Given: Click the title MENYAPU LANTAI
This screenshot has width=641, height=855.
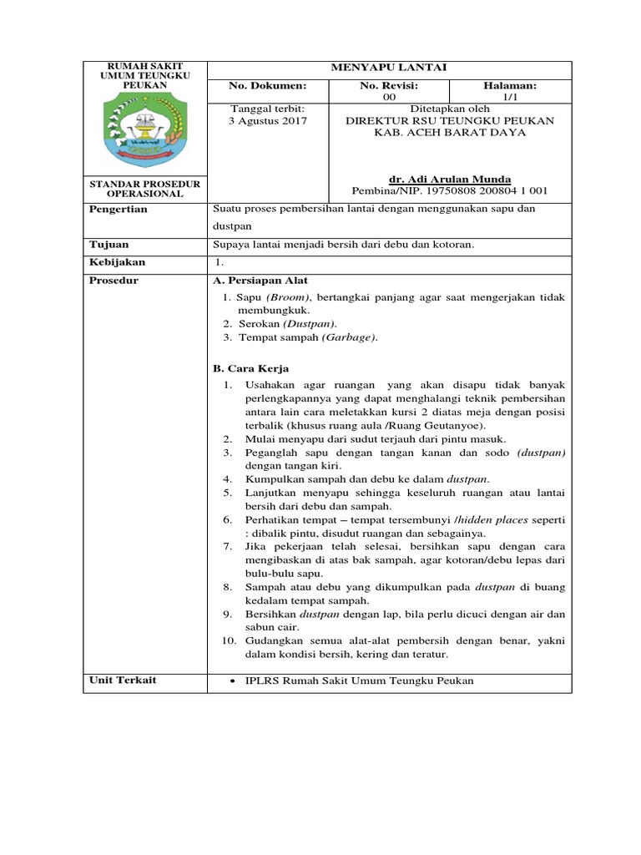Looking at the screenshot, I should point(388,68).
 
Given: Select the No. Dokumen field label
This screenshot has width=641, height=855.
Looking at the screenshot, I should point(268,86).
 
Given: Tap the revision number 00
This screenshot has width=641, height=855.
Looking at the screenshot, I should point(389,98).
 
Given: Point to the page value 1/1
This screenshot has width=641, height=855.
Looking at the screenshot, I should point(510,98).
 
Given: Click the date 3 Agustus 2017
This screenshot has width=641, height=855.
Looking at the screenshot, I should point(268,120).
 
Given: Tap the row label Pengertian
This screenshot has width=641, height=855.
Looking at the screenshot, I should point(118,209).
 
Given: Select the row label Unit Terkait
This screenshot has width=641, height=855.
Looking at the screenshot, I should point(123,680).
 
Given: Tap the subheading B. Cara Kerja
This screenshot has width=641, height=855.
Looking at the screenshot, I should point(251,368).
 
